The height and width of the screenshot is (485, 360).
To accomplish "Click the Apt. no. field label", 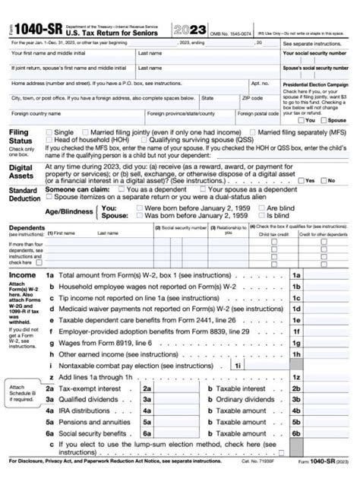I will point(260,82).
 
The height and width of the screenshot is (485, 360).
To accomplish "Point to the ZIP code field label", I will point(251,98).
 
